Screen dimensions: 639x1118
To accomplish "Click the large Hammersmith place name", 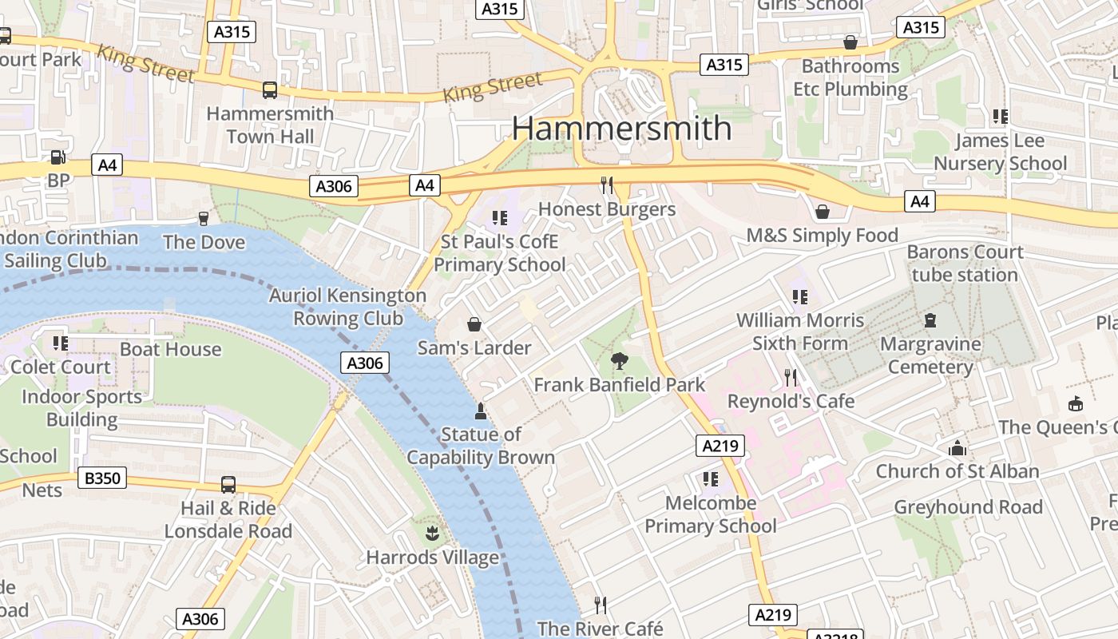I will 621,129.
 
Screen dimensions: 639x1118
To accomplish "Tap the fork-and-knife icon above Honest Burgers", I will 607,185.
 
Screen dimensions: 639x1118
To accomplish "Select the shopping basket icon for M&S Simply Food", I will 822,212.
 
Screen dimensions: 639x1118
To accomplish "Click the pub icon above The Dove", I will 204,218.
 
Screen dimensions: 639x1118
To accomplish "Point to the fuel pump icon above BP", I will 58,157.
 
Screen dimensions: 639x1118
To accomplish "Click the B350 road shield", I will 102,478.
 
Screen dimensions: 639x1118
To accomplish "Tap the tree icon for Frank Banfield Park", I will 619,361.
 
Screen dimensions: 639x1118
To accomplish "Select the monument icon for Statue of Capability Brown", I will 481,411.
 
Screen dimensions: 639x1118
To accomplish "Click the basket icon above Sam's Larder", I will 474,324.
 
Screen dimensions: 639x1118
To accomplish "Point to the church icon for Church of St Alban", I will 957,448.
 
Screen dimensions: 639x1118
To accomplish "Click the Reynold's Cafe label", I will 791,401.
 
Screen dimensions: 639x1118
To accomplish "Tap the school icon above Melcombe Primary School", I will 710,479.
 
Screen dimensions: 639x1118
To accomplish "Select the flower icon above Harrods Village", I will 432,534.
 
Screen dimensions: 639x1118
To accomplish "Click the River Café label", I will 600,629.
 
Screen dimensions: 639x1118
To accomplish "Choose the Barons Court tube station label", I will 965,264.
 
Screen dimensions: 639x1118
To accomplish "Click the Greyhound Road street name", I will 968,507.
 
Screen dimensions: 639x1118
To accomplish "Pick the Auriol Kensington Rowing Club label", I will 347,307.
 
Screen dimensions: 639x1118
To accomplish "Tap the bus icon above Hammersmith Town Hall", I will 270,90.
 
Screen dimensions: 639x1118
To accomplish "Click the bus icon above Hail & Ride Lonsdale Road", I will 228,485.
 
